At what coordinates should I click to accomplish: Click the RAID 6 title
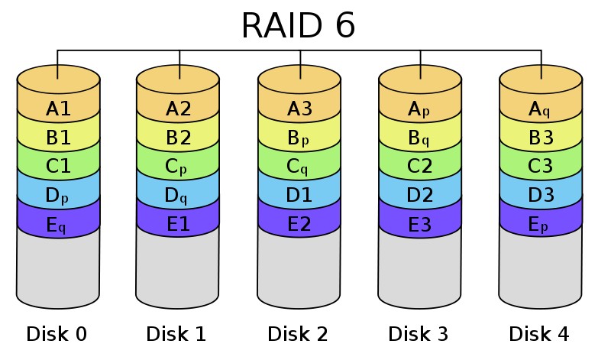pyautogui.click(x=299, y=27)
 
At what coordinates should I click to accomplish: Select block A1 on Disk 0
pyautogui.click(x=58, y=109)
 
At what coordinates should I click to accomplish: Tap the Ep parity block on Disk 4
pyautogui.click(x=541, y=224)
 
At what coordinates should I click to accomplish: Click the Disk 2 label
pyautogui.click(x=299, y=334)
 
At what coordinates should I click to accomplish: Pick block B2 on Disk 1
pyautogui.click(x=179, y=138)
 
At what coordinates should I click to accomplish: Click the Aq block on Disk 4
pyautogui.click(x=541, y=109)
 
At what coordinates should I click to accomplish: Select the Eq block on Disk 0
pyautogui.click(x=58, y=224)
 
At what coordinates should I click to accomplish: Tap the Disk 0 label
pyautogui.click(x=57, y=334)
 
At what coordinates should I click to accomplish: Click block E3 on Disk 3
pyautogui.click(x=420, y=224)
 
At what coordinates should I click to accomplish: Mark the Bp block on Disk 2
pyautogui.click(x=299, y=138)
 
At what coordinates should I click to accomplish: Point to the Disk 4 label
pyautogui.click(x=540, y=334)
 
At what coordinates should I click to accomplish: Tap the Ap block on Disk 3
pyautogui.click(x=420, y=109)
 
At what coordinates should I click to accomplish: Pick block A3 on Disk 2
pyautogui.click(x=299, y=109)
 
